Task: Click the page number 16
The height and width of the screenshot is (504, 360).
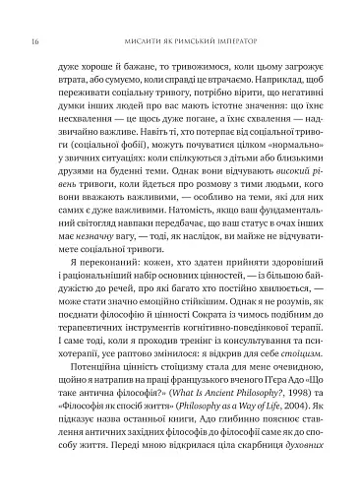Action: [35, 17]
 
